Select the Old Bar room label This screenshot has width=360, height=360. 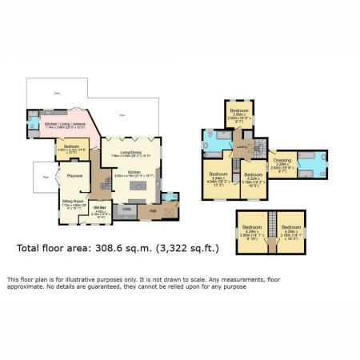coord(98,208)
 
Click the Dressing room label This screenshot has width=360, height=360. coord(282,161)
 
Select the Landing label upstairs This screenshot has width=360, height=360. coord(241,147)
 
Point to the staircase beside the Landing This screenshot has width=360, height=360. coord(258,147)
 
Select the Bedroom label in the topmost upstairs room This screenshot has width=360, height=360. coord(238,110)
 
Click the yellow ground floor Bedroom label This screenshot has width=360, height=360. coord(71,146)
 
